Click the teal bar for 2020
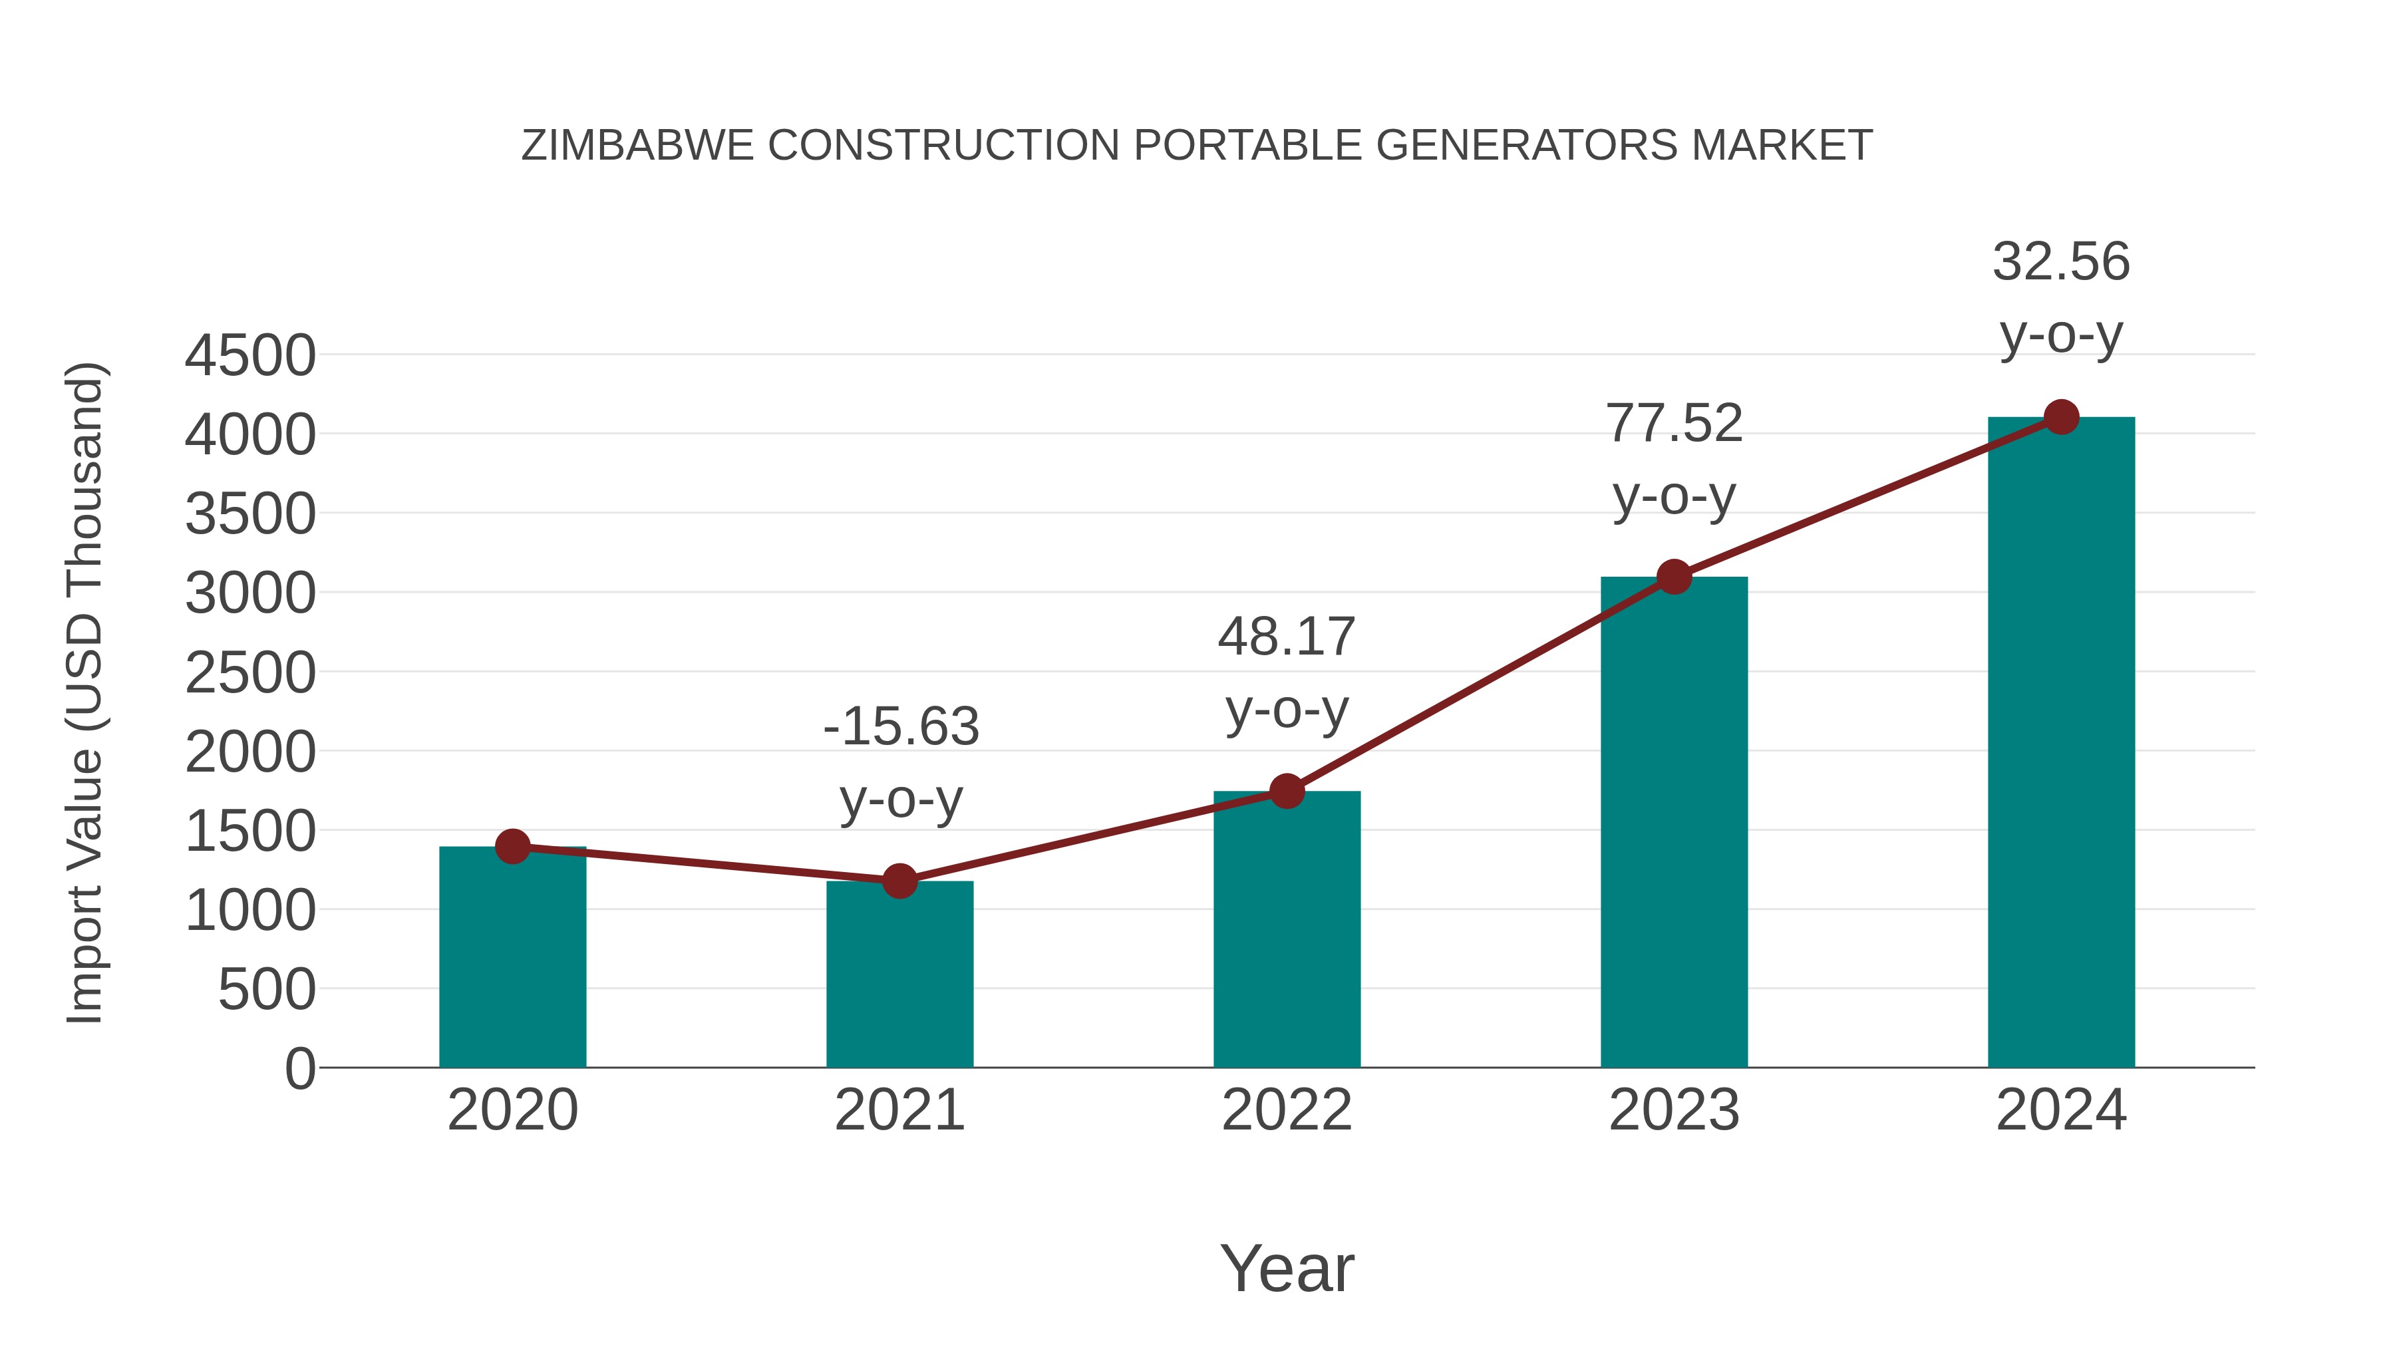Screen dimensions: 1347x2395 [x=512, y=957]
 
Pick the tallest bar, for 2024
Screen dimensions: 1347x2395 [x=2061, y=744]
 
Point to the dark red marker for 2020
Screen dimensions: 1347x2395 [x=512, y=847]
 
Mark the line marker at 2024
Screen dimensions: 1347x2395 [x=2061, y=416]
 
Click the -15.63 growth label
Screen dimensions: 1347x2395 [x=901, y=727]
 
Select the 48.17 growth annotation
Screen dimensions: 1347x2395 [x=1287, y=638]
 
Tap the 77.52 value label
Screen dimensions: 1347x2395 [x=1674, y=424]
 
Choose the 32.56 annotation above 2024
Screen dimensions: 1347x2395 [x=2061, y=262]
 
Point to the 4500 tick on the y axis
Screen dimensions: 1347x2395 [x=250, y=356]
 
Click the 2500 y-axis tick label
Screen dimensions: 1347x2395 [x=250, y=673]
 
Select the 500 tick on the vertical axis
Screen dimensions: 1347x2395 [x=267, y=990]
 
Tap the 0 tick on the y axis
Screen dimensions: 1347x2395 [x=300, y=1069]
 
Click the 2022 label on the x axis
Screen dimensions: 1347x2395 [x=1287, y=1111]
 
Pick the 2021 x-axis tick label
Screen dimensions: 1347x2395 [x=899, y=1111]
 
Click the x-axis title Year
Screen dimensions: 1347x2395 [x=1287, y=1269]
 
